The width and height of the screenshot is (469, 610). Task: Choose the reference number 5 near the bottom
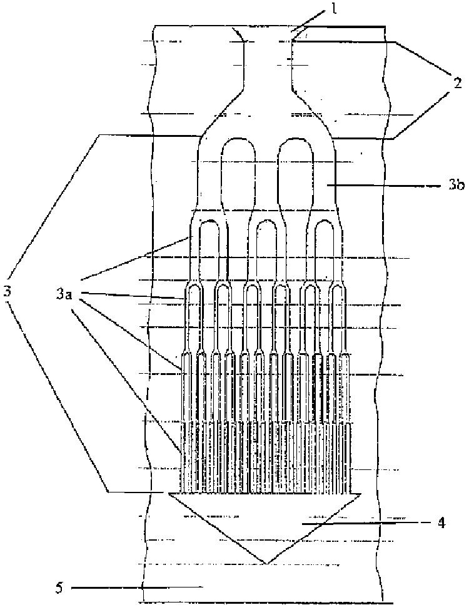(60, 587)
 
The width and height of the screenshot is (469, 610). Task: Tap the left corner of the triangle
(170, 494)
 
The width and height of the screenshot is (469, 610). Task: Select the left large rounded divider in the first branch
(241, 169)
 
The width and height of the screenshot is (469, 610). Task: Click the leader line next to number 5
(119, 587)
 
